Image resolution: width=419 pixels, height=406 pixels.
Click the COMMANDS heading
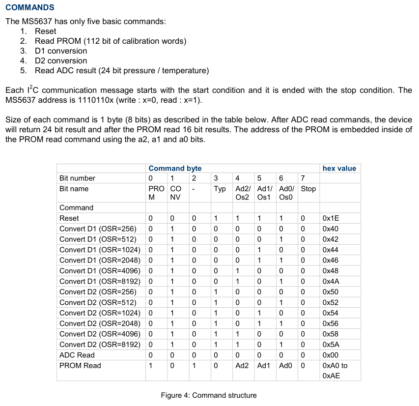[29, 7]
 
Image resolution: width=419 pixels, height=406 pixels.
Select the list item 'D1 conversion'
[60, 51]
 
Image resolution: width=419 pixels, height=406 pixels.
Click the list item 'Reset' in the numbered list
[45, 31]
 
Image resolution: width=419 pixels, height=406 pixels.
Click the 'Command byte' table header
[175, 168]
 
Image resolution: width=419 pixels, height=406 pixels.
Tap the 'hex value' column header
[339, 168]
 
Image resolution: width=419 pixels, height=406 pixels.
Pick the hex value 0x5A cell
[331, 345]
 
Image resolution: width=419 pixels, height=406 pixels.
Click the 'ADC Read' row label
[77, 355]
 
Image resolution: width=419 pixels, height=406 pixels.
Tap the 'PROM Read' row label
[80, 366]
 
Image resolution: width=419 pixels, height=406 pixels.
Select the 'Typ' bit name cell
[220, 189]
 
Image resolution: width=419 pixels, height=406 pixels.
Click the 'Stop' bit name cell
[308, 189]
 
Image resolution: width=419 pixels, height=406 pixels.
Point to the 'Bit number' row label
[77, 178]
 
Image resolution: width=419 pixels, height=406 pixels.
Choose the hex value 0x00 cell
[330, 355]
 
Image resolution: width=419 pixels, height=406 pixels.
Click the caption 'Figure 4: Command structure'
[209, 395]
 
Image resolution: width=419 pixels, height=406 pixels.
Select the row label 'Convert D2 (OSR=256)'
[98, 292]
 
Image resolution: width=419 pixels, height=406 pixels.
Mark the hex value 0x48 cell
[330, 271]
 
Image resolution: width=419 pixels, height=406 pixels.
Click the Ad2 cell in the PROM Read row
[242, 366]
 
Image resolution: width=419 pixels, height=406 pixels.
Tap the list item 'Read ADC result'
[121, 70]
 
